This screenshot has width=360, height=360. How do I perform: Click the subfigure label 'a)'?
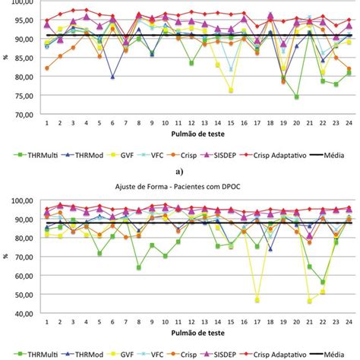tap(180, 173)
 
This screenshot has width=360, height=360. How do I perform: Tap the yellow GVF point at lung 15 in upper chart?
tap(230, 90)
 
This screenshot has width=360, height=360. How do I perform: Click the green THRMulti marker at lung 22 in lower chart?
tap(322, 282)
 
